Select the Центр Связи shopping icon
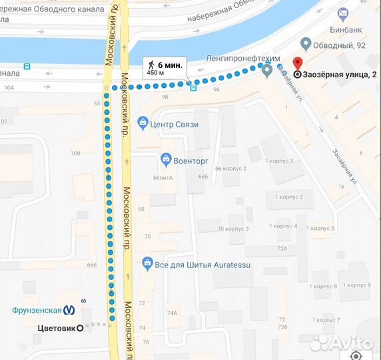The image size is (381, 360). (x=142, y=123)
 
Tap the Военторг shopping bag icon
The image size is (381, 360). (x=165, y=159)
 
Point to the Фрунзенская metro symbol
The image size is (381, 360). (x=70, y=309)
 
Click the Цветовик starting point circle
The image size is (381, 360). (x=81, y=327)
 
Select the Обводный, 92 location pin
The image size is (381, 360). (x=306, y=45)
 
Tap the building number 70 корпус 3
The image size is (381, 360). (x=233, y=229)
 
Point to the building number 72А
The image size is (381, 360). (x=282, y=248)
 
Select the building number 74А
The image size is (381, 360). (x=172, y=313)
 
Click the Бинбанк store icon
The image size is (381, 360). (x=343, y=13)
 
